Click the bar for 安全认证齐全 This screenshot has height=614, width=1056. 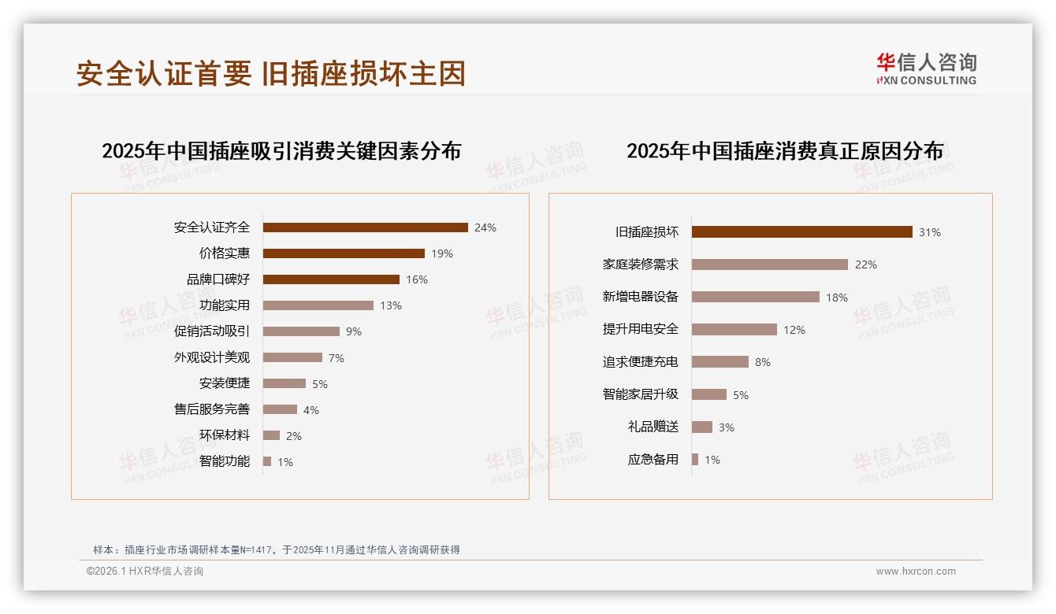point(365,227)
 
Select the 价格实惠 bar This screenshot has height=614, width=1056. point(344,253)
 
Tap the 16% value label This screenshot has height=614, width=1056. point(417,279)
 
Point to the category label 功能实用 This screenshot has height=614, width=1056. point(224,305)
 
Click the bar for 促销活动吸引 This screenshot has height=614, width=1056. point(301,331)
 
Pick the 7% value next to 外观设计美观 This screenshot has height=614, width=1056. point(337,358)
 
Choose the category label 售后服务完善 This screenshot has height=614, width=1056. point(211,409)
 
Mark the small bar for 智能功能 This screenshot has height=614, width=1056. point(267,461)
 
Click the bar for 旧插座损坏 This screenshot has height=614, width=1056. point(801,232)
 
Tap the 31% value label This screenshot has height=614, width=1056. point(930,232)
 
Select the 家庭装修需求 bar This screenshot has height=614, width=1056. point(770,264)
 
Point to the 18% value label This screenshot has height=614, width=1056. point(837,298)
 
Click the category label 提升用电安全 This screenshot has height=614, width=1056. point(640,329)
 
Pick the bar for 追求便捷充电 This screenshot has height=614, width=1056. point(720,362)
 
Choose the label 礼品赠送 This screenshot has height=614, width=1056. point(653,427)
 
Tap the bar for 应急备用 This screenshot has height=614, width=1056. point(695,460)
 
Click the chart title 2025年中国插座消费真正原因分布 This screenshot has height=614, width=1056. point(785,151)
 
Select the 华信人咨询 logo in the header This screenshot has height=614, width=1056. point(926,68)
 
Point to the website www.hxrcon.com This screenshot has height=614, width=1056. point(916,571)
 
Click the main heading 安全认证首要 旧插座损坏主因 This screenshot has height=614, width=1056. point(271,73)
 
